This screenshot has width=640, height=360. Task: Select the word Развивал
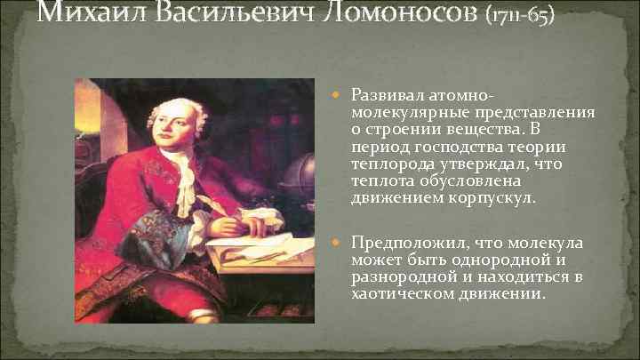point(385,94)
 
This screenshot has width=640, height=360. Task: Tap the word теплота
point(380,180)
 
